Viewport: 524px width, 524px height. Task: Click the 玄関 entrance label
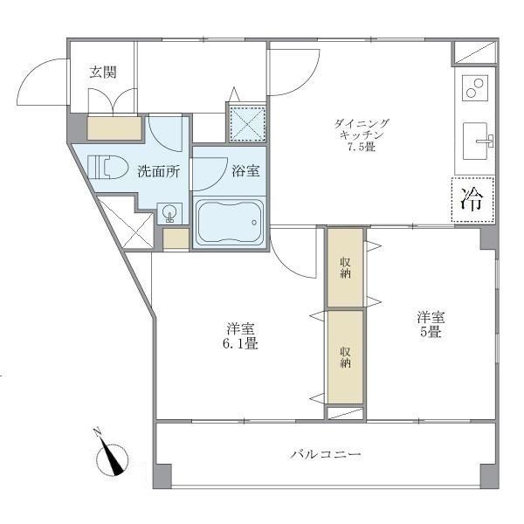[x=103, y=72]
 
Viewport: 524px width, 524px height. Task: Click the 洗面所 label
[x=159, y=172]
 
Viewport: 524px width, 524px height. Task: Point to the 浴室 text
[x=245, y=172]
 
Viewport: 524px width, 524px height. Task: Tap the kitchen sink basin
[x=476, y=140]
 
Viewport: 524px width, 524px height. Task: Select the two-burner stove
[x=474, y=88]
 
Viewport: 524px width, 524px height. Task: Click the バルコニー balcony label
[x=326, y=455]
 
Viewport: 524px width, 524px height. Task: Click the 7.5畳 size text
[x=361, y=147]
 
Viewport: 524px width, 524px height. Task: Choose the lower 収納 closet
[x=344, y=355]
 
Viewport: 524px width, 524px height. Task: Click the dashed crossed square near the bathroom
[x=246, y=123]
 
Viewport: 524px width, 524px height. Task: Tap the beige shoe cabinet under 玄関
[x=115, y=128]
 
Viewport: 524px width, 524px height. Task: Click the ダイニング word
[x=361, y=123]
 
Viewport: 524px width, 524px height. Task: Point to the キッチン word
[x=361, y=134]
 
